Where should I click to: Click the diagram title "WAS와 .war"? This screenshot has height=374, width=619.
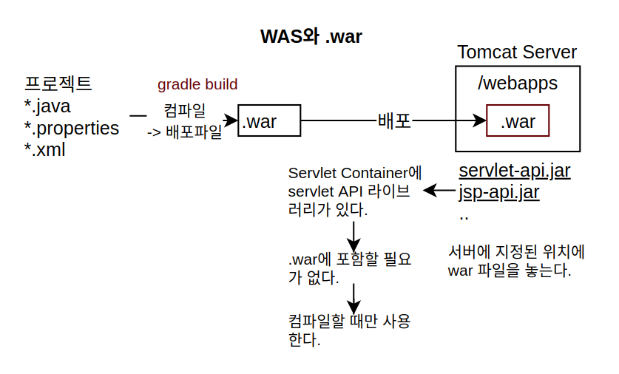click(x=311, y=36)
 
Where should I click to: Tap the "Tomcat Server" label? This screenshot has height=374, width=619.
click(x=517, y=52)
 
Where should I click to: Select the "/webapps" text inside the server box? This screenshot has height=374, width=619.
click(x=518, y=84)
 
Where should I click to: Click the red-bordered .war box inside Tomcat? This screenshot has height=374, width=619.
click(x=518, y=120)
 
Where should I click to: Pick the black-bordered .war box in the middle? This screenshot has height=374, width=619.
click(x=269, y=120)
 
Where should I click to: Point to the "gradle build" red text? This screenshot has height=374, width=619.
click(x=197, y=84)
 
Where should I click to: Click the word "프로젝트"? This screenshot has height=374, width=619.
click(x=58, y=84)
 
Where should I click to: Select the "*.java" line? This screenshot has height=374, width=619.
click(x=47, y=106)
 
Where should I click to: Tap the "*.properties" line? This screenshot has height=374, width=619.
click(x=72, y=129)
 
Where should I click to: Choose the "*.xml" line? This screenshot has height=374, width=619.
click(x=44, y=150)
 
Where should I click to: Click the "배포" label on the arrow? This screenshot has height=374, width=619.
click(x=394, y=120)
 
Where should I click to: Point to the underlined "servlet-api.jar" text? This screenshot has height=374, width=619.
click(x=515, y=171)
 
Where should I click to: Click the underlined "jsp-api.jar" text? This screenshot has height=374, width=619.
click(x=499, y=192)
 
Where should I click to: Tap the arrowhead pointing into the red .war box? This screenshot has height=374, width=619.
click(x=480, y=120)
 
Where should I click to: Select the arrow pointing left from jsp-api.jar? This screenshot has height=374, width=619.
click(x=439, y=191)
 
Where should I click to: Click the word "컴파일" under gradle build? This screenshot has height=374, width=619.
click(x=185, y=110)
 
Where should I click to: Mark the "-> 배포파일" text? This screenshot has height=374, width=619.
click(x=184, y=132)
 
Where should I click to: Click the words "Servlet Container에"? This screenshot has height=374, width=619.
click(x=355, y=173)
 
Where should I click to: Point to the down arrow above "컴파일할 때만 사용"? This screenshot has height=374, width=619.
click(x=354, y=299)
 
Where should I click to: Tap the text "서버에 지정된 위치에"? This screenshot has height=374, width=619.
click(x=516, y=252)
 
